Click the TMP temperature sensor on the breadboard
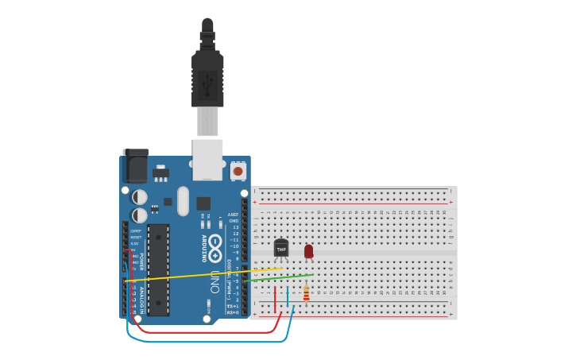(x=281, y=248)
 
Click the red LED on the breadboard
(x=308, y=251)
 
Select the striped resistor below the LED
(x=306, y=293)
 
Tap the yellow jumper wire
(x=199, y=274)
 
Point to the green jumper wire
(x=278, y=277)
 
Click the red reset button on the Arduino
(x=238, y=170)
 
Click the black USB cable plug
(x=207, y=79)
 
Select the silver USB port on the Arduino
(x=207, y=158)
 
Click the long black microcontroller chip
(x=158, y=269)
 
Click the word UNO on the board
(x=215, y=281)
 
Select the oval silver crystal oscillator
(x=184, y=201)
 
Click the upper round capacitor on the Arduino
(x=140, y=196)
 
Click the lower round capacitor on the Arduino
(x=140, y=215)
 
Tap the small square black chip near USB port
(x=203, y=203)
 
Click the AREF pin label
(x=234, y=215)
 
